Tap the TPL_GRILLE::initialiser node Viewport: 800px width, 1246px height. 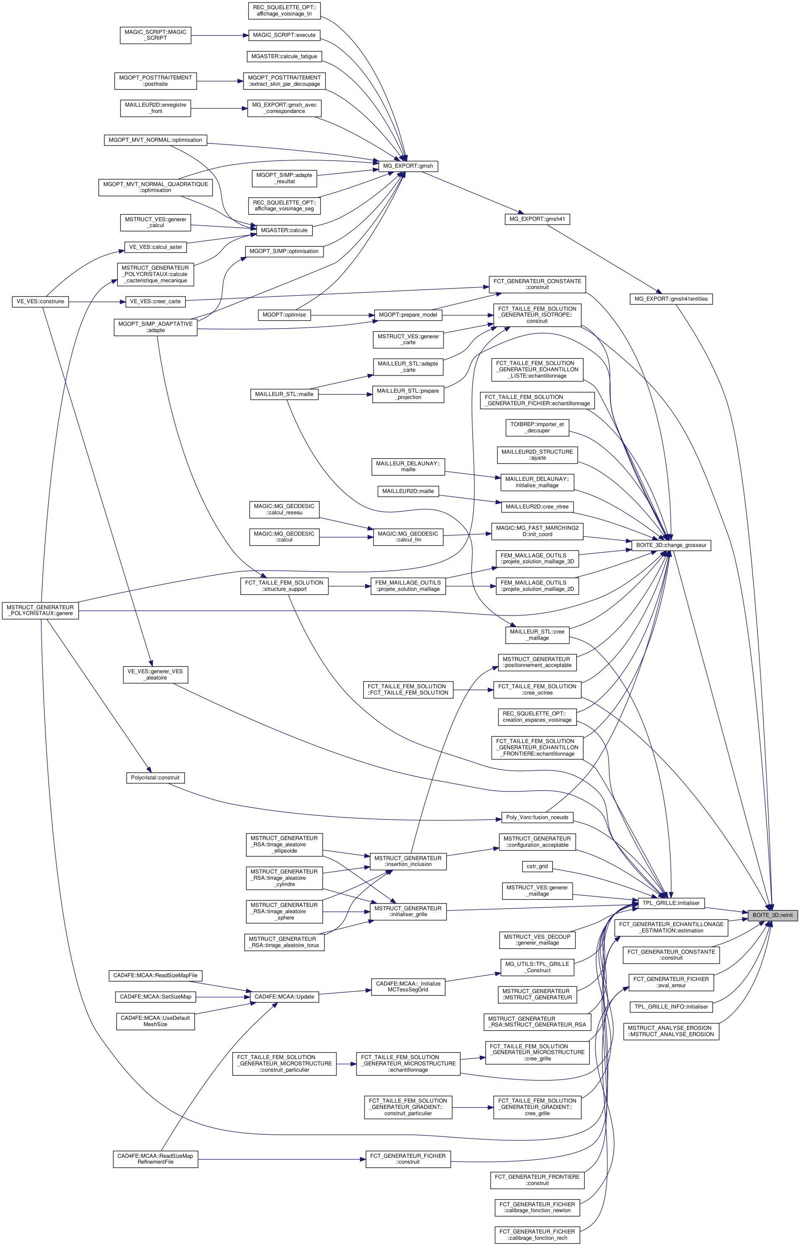[671, 903]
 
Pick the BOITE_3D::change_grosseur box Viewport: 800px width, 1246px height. [671, 545]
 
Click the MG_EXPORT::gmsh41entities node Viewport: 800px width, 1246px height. [671, 299]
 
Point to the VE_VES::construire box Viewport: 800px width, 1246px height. [41, 301]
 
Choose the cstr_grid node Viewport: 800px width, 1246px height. [537, 866]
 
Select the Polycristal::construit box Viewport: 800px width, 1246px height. [155, 778]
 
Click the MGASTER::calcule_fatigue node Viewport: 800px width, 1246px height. [284, 56]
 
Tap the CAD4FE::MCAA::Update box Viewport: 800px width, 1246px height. [284, 996]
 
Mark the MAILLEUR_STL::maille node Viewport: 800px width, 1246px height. [284, 394]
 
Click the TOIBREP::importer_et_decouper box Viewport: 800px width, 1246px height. [537, 427]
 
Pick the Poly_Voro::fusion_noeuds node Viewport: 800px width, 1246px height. [537, 817]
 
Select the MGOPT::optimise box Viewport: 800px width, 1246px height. [284, 314]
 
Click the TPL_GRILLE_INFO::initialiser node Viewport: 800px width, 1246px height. [671, 1007]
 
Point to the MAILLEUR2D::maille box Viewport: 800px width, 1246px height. [408, 491]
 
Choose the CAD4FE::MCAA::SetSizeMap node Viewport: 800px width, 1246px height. [155, 996]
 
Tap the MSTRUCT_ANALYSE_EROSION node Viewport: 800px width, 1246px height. [671, 1031]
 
